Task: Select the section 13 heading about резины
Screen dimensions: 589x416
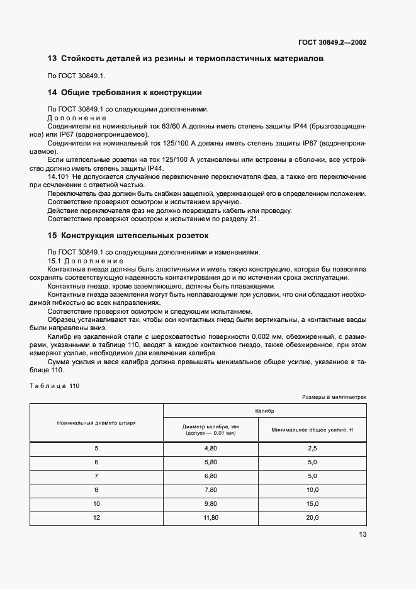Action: [186, 59]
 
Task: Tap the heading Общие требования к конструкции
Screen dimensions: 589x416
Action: [131, 93]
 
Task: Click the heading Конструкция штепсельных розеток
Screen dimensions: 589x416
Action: [133, 236]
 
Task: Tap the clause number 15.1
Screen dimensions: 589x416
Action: [55, 260]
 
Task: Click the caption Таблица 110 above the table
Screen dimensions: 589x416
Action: [53, 386]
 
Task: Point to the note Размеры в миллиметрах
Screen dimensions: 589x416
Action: [334, 397]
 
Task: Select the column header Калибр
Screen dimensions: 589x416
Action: [264, 409]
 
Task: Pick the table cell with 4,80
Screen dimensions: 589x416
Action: [210, 448]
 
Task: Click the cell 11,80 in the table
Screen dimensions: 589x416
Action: [210, 518]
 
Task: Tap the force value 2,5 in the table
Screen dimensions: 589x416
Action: [312, 448]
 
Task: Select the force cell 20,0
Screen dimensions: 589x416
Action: [312, 518]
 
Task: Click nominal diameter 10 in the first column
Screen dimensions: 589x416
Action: [96, 504]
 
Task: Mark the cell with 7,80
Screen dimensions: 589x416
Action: [210, 489]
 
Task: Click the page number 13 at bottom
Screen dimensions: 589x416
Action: [363, 534]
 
